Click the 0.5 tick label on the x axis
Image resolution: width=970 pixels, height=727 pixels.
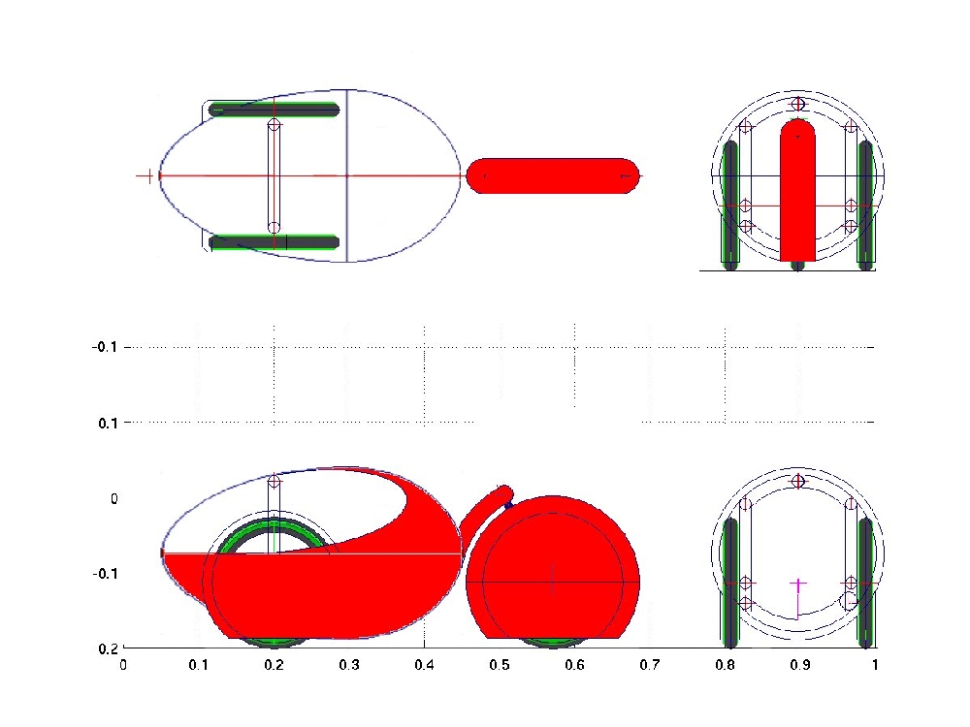point(500,665)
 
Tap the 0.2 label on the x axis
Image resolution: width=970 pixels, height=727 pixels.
point(275,665)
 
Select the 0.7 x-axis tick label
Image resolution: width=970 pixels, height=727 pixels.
point(650,665)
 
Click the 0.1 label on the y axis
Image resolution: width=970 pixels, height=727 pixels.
point(108,424)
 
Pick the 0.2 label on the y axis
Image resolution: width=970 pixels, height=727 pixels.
point(108,648)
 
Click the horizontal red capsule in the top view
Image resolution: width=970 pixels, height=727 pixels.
point(553,176)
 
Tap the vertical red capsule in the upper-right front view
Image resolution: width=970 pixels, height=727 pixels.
point(797,190)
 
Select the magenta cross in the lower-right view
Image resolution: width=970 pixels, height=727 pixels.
point(798,584)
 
